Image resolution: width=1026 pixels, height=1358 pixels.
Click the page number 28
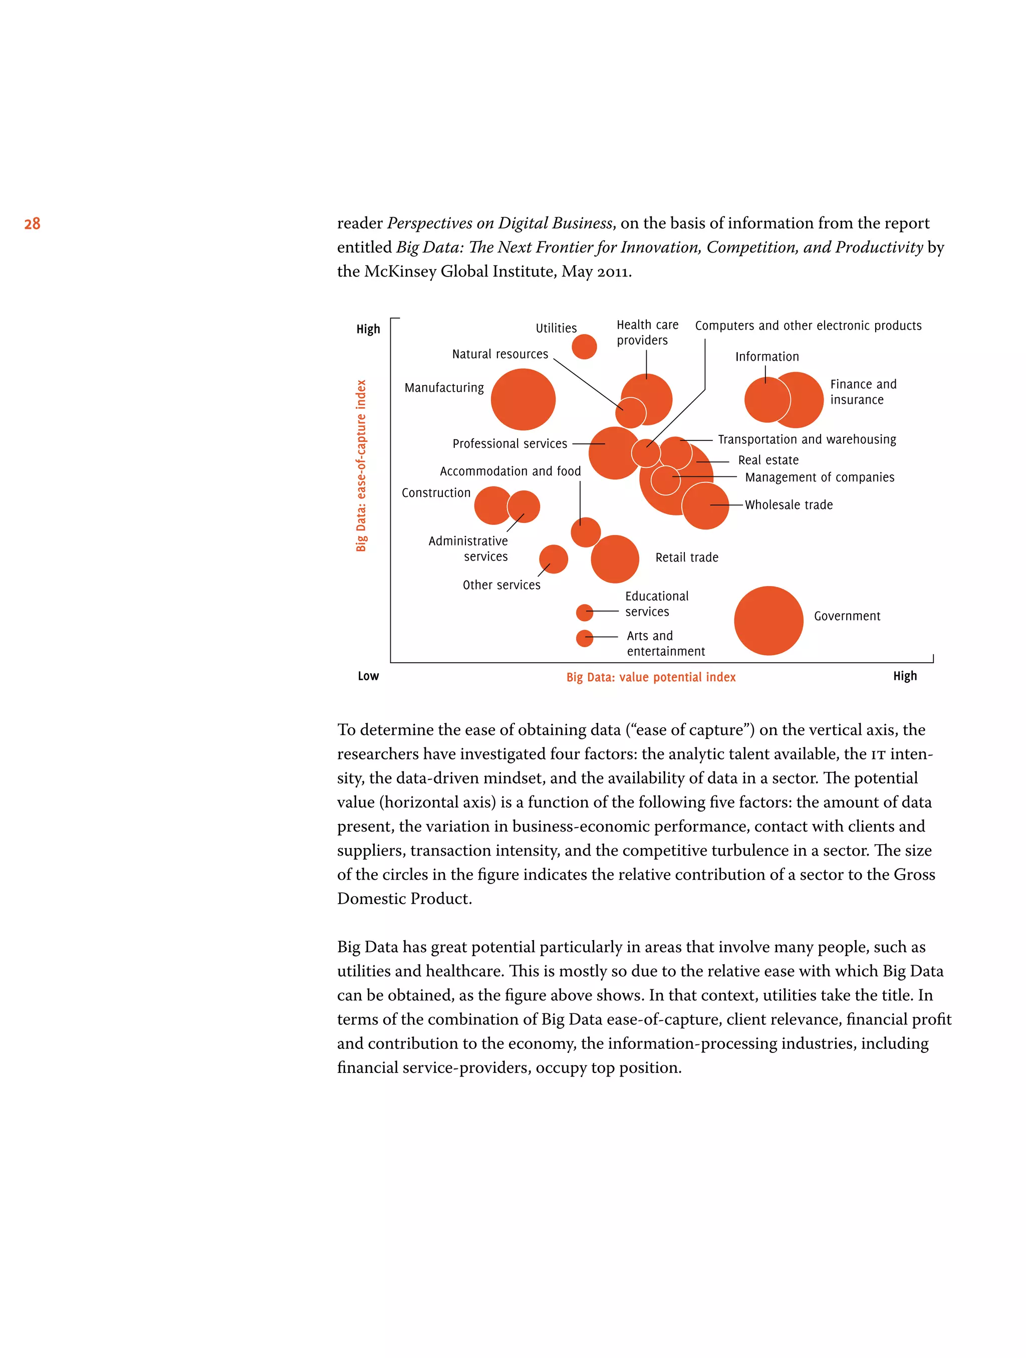[32, 223]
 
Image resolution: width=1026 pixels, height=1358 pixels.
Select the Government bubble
[767, 620]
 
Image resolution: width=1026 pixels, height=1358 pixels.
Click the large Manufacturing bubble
[523, 399]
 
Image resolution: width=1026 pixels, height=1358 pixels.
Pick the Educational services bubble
[584, 612]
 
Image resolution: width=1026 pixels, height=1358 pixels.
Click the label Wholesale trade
[789, 504]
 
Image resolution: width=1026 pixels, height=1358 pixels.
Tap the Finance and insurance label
[863, 392]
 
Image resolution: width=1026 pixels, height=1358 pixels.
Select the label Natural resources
[500, 354]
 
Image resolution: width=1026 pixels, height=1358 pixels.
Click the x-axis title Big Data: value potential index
[650, 677]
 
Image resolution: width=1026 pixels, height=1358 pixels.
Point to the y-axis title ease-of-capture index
[361, 465]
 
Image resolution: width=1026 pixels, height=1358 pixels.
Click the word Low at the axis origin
[368, 676]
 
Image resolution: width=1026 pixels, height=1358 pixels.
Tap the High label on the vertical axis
[368, 329]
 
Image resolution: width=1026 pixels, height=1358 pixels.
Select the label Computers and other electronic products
[808, 326]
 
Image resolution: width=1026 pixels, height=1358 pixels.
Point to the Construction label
[435, 492]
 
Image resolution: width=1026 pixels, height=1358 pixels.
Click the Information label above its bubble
[767, 357]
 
